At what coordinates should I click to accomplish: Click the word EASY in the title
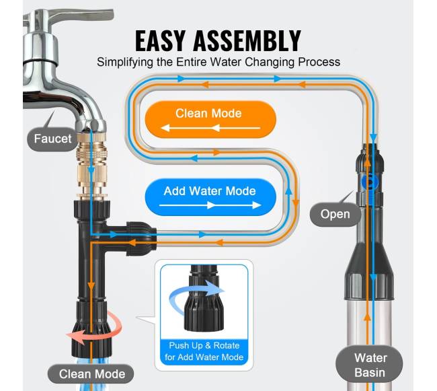[x=160, y=41]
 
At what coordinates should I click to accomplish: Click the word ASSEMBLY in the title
[x=247, y=41]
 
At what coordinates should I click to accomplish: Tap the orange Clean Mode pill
[x=210, y=119]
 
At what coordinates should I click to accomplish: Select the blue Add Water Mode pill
[x=210, y=197]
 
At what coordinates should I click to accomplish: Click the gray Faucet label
[x=52, y=139]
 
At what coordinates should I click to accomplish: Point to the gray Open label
[x=335, y=214]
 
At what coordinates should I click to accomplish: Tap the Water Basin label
[x=370, y=365]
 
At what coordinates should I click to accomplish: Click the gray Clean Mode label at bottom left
[x=91, y=374]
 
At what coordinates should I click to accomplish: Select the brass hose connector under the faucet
[x=91, y=165]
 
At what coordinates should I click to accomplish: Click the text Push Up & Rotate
[x=204, y=345]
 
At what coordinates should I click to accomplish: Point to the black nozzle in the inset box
[x=204, y=298]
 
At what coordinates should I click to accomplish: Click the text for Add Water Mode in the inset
[x=204, y=357]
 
